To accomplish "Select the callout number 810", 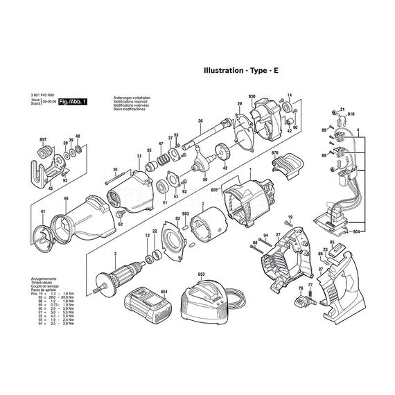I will [351, 114].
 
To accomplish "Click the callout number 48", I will [66, 200].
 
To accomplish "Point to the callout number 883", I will [186, 214].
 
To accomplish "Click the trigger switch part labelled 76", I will [302, 299].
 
